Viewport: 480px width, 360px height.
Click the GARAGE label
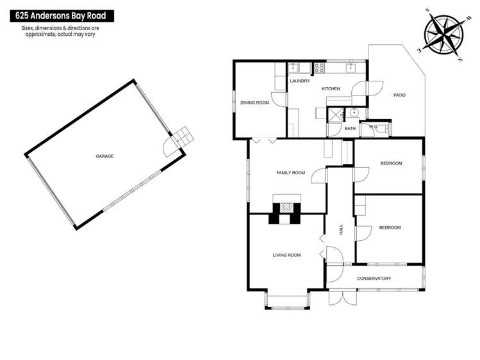104,156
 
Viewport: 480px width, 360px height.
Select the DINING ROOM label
254,102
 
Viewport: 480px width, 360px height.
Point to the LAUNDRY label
299,81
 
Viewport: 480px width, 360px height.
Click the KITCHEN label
330,88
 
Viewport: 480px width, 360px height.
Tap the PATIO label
399,95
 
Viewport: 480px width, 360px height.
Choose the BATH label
350,129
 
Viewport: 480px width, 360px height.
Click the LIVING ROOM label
286,255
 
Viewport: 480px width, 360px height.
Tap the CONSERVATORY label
374,278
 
